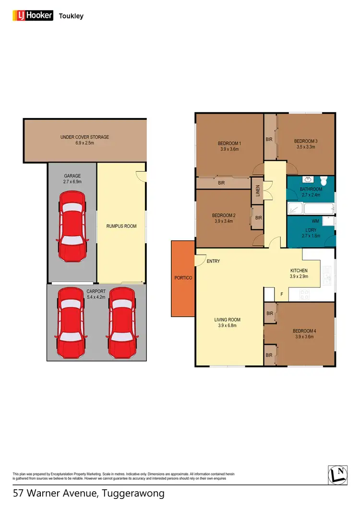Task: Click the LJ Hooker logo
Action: tap(32, 16)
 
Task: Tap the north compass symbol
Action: tap(338, 474)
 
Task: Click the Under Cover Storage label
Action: tap(85, 137)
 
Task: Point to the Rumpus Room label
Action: tap(121, 226)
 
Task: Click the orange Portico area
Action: tap(183, 278)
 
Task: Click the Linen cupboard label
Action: tap(258, 191)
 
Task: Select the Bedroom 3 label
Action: tap(306, 141)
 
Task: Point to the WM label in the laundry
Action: tap(315, 221)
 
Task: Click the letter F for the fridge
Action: tap(282, 294)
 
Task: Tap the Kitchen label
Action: tap(299, 271)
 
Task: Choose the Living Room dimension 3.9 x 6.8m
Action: tap(227, 326)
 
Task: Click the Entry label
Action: tap(213, 261)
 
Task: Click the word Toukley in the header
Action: tap(71, 16)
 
